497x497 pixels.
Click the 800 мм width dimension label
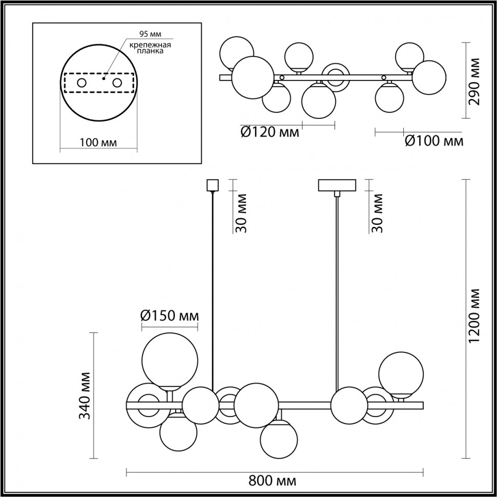point(272,482)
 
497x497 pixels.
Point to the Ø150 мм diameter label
point(170,316)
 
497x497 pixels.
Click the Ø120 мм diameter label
point(270,133)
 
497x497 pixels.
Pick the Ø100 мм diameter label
point(434,141)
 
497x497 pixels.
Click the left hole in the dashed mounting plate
point(81,82)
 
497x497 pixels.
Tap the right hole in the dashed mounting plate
point(117,82)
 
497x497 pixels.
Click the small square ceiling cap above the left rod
point(212,184)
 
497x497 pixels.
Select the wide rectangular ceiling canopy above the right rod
point(337,184)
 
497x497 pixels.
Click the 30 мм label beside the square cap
point(242,213)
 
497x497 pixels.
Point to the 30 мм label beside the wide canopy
point(378,213)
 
